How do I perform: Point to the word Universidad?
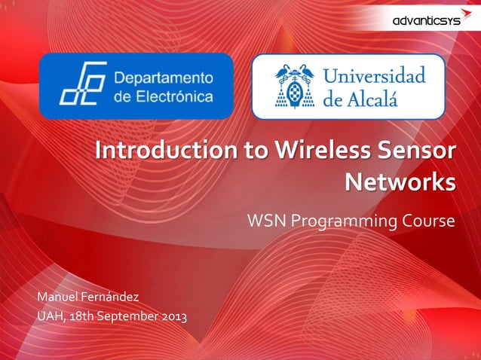coord(375,76)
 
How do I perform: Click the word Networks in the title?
coord(400,182)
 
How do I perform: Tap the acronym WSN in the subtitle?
coord(267,221)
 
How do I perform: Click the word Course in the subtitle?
coord(432,221)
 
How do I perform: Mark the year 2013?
coord(173,316)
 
